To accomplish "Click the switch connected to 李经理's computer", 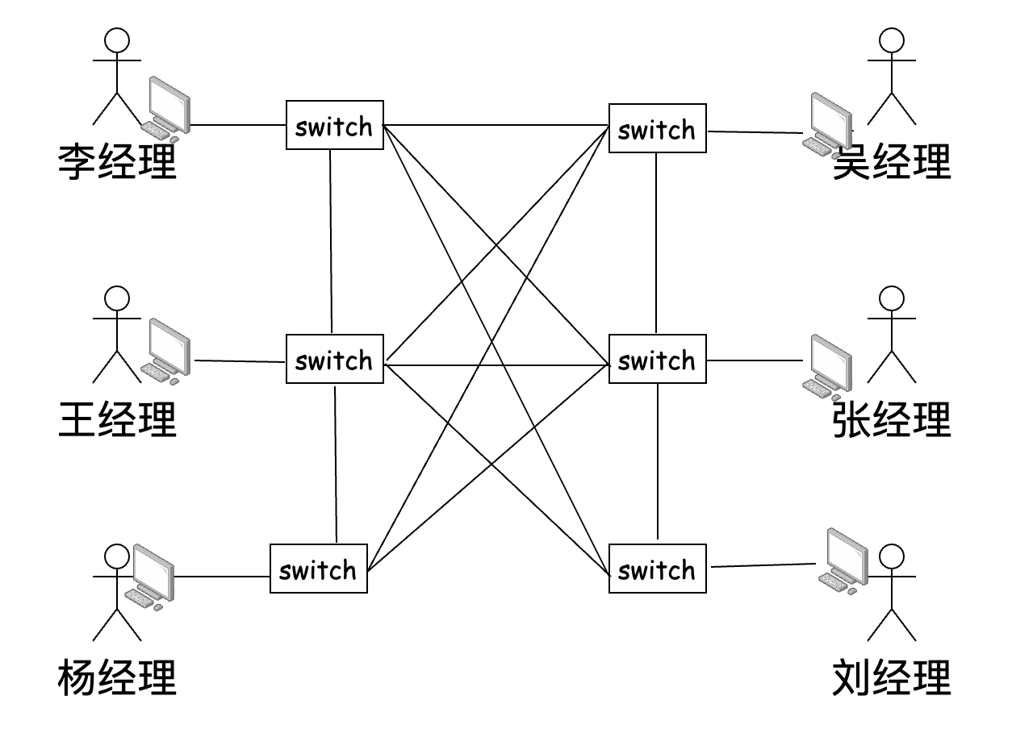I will click(334, 125).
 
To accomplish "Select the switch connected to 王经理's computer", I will click(334, 360).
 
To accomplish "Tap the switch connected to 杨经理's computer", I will click(318, 569).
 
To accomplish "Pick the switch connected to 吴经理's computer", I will click(657, 128).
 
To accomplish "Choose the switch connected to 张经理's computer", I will click(657, 360).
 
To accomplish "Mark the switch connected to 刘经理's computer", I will click(657, 569).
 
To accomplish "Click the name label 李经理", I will click(118, 161).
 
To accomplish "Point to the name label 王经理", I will click(118, 419).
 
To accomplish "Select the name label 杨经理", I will click(118, 677).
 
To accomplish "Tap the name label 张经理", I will click(892, 419).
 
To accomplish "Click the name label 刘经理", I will click(892, 677).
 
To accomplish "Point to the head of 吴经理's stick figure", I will click(891, 41).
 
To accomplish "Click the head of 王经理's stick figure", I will click(118, 298).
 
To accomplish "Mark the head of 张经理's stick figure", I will click(891, 298).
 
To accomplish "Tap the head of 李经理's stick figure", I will click(118, 41).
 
